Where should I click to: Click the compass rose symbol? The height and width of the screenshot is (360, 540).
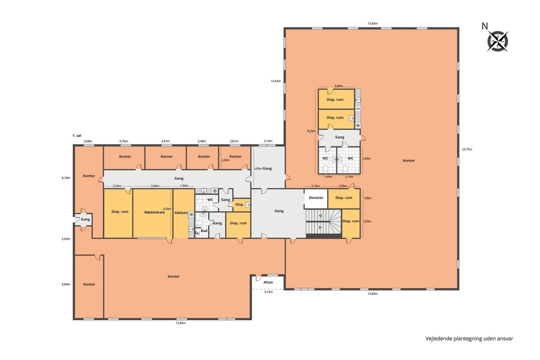point(498,41)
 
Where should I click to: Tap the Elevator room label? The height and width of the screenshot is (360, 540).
point(316,198)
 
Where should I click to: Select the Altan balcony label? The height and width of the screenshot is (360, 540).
point(268,282)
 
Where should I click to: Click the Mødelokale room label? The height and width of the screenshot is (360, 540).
point(154,213)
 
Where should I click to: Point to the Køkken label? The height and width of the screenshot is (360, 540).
point(181,213)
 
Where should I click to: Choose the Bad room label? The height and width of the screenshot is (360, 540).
point(204,231)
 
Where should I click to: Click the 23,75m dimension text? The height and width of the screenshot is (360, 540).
point(467,149)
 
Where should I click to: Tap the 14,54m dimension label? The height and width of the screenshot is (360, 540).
point(276,81)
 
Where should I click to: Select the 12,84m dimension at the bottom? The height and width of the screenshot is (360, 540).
point(181,323)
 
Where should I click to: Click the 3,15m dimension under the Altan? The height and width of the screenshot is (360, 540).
point(268,292)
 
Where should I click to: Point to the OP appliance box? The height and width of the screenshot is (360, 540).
point(358,109)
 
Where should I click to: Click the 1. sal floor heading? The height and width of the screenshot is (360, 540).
point(77,136)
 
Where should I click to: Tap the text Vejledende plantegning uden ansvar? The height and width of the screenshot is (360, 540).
point(469,338)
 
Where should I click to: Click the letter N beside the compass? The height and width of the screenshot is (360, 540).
point(484,26)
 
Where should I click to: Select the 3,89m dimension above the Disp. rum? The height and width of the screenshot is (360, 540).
point(339,86)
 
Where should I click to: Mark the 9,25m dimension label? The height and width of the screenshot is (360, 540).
point(311,131)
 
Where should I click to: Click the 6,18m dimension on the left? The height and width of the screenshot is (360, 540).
point(66,178)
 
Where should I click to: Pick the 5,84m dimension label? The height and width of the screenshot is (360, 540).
point(66,284)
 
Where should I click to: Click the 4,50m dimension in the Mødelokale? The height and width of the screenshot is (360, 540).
point(167,209)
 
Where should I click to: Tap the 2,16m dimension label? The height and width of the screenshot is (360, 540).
point(268,141)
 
